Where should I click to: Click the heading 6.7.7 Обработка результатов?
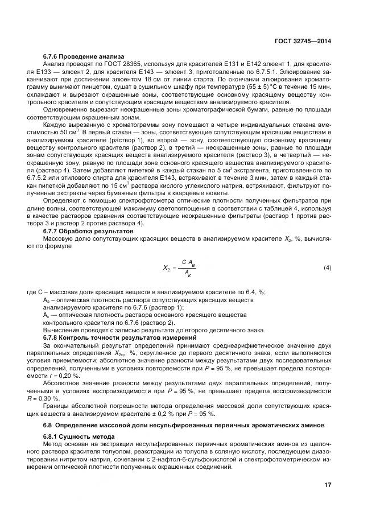(x=80, y=231)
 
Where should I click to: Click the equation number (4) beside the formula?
(x=327, y=267)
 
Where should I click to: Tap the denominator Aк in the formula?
(x=188, y=273)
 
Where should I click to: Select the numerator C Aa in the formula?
(x=189, y=262)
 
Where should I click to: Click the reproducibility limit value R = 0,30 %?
(x=51, y=398)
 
